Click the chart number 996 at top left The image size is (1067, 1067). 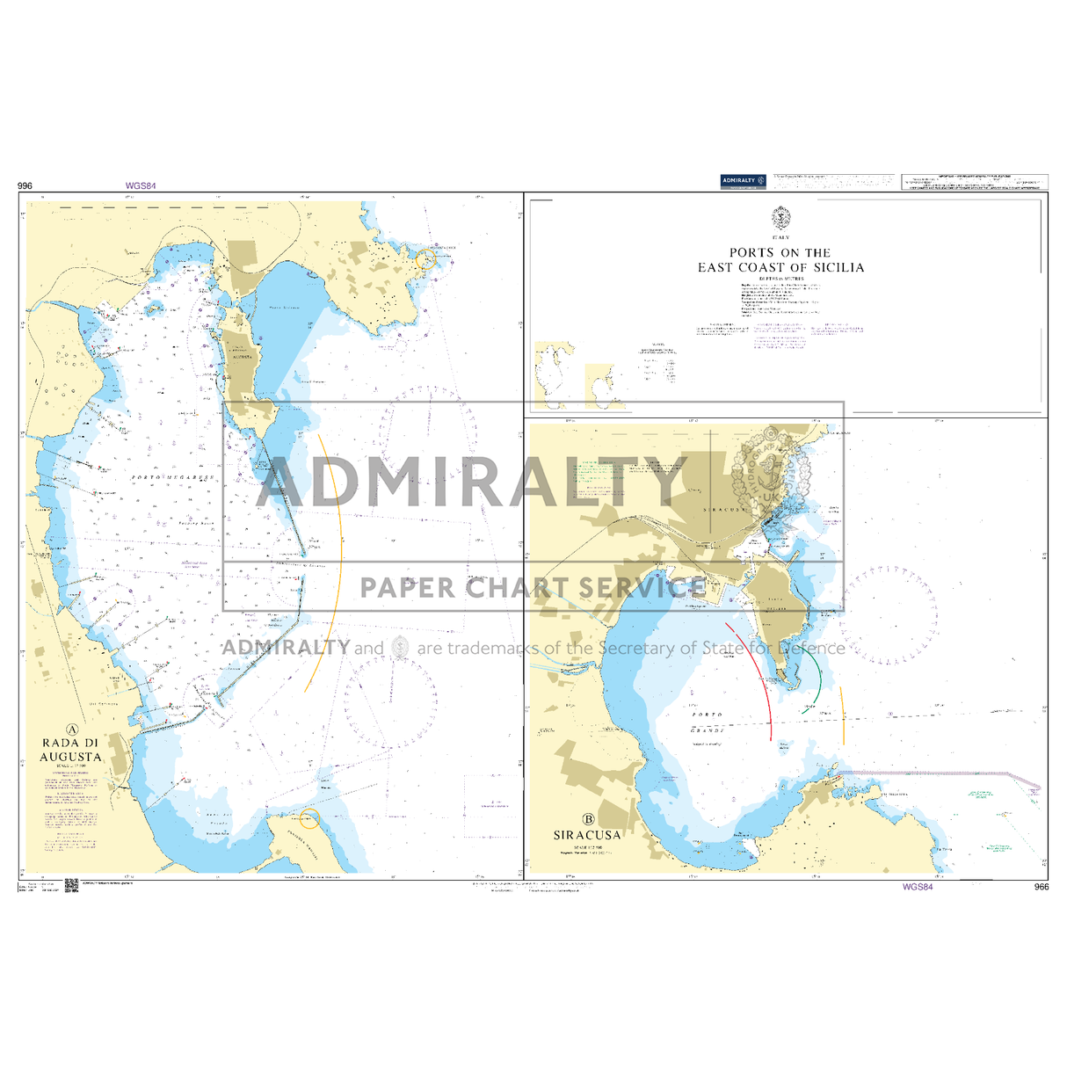pos(25,185)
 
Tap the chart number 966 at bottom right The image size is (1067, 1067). pos(1042,887)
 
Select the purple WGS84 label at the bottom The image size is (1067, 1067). pos(917,887)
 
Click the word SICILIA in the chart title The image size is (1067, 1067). pos(838,267)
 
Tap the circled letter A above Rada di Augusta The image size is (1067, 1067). pos(72,729)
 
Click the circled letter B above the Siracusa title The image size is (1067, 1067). pos(588,818)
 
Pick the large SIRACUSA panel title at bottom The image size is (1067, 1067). pos(587,835)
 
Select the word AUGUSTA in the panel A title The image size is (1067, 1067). pos(72,756)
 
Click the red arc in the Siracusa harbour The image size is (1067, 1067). pos(758,677)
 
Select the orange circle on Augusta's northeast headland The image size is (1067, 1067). pos(426,259)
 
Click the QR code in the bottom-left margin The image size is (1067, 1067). pos(72,885)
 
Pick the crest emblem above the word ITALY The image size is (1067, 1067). pos(780,219)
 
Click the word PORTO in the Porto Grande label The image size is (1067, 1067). pos(707,715)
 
